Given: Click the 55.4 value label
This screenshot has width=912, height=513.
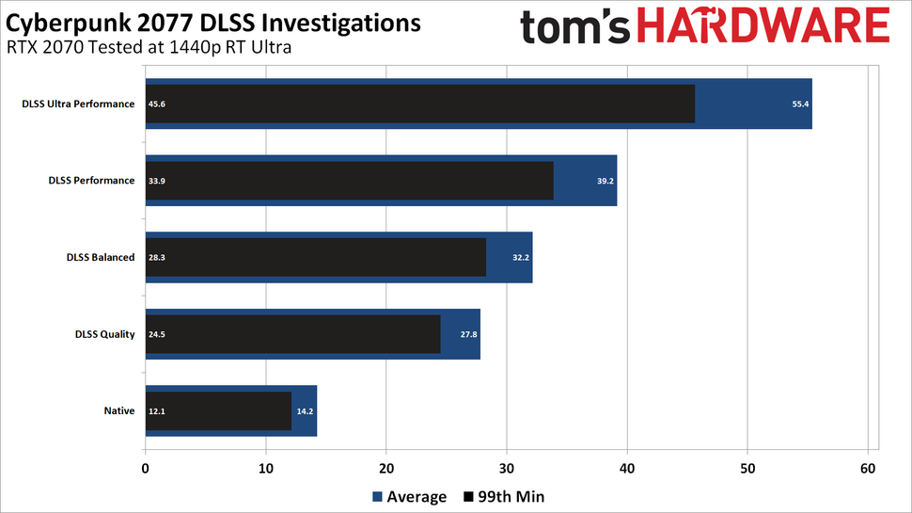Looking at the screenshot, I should tap(800, 104).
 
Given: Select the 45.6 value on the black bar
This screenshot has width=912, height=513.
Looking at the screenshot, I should tap(155, 104).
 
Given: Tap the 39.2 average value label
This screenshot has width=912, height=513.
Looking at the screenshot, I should tap(605, 181).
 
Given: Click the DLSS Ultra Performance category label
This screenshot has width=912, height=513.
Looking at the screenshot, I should tap(78, 104).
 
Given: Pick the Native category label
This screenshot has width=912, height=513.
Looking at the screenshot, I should tap(119, 410).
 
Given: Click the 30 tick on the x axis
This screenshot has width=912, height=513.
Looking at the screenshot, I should tap(507, 469).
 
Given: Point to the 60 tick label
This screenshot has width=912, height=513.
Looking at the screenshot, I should tap(868, 469).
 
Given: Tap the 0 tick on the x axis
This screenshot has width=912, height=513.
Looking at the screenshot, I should tap(146, 469).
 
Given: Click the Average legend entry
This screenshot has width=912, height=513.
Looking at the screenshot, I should tap(410, 496).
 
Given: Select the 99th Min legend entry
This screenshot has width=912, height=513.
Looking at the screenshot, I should tap(504, 496).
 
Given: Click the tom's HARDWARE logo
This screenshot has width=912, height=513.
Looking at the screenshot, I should tap(704, 28).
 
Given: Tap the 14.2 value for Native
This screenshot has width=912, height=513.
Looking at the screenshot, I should tap(304, 411).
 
